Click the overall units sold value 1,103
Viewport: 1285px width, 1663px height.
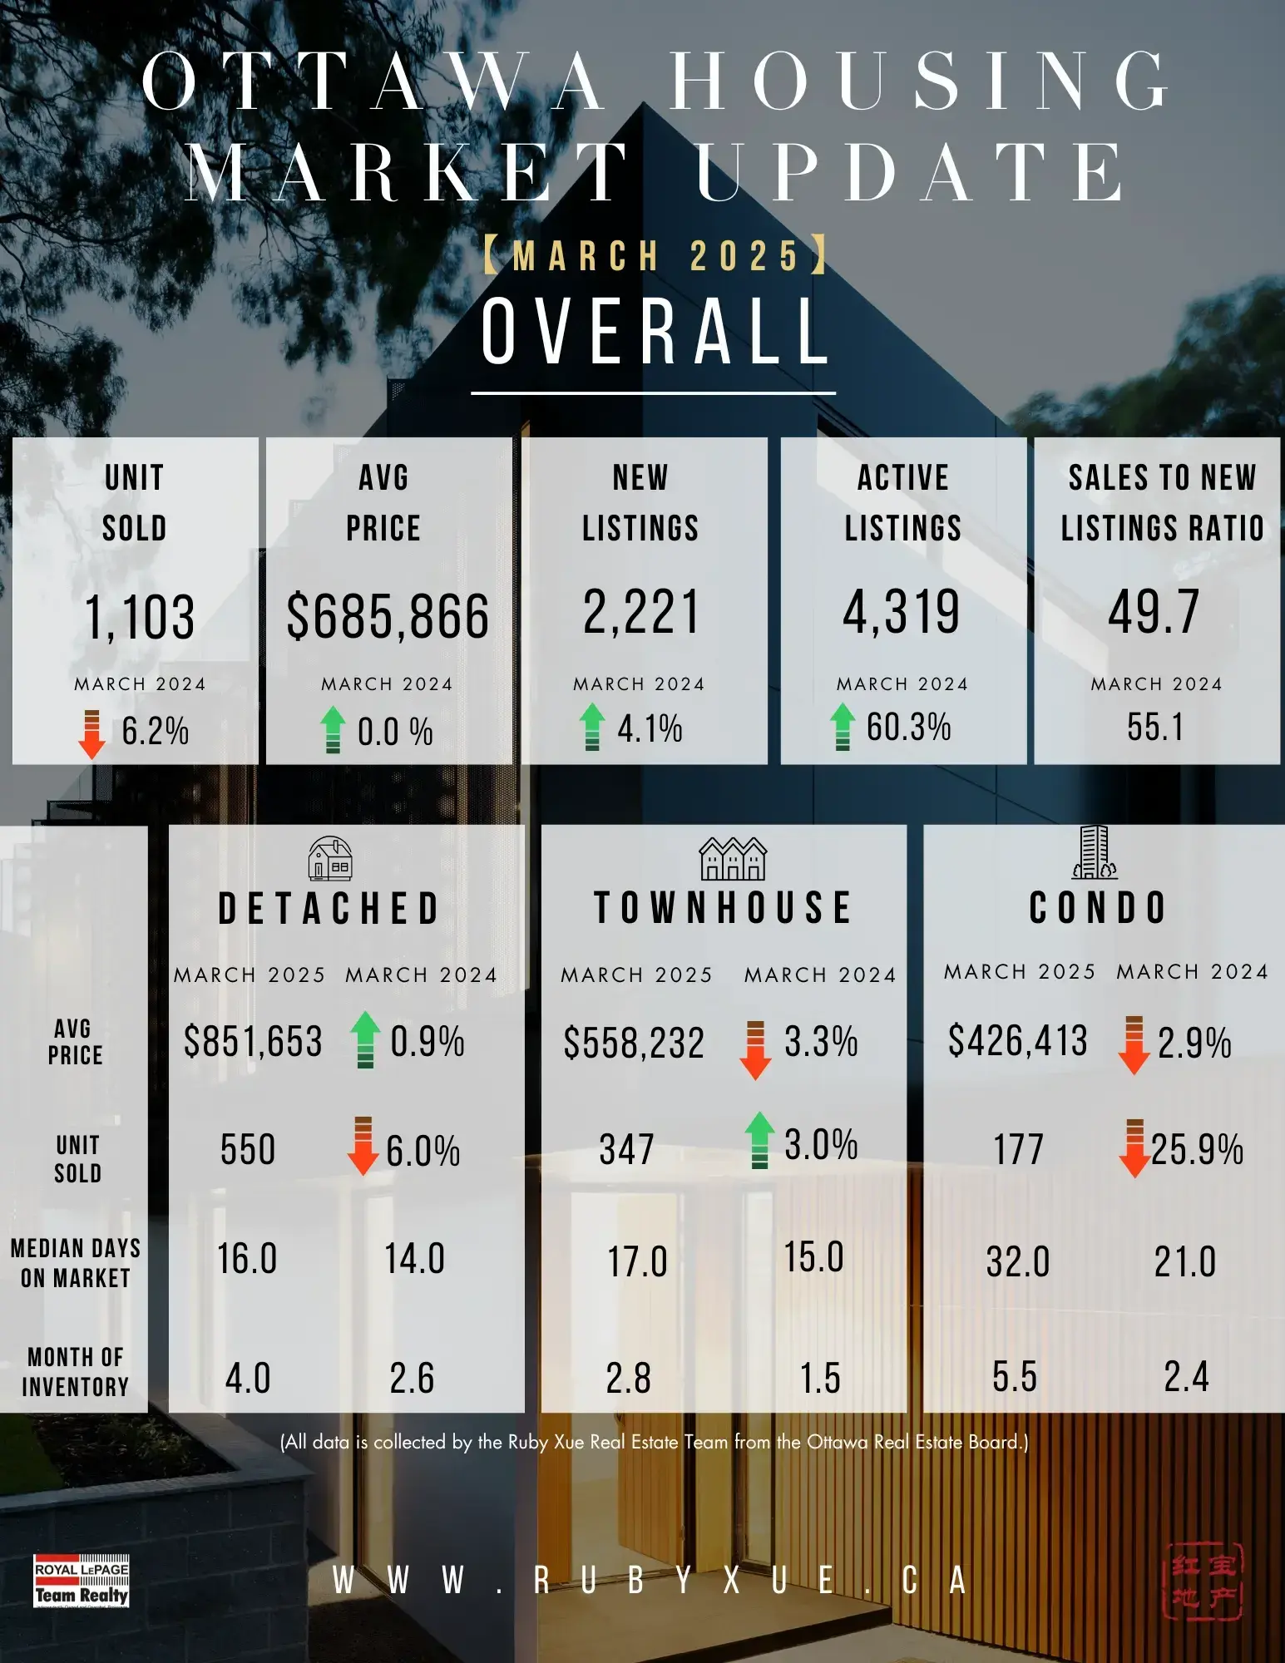coord(140,617)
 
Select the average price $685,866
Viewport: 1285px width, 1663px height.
coord(388,617)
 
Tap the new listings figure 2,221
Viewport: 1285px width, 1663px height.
coord(641,612)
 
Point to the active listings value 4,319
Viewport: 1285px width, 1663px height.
coord(902,612)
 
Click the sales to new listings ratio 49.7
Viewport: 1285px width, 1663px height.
coord(1154,612)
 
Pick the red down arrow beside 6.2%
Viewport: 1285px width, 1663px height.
coord(91,733)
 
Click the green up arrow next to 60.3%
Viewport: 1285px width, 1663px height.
coord(843,727)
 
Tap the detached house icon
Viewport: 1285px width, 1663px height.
coord(330,859)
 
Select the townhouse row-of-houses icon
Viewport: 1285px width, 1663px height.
coord(732,859)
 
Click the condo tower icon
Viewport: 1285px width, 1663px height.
coord(1095,853)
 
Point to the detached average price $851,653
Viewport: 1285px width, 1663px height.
coord(253,1042)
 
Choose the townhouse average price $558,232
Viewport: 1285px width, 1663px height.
coord(634,1044)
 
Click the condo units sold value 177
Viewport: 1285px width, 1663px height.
coord(1018,1150)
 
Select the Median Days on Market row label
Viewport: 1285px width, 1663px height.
coord(76,1263)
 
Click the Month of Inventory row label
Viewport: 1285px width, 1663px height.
coord(76,1372)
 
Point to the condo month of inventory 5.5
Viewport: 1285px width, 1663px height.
coord(1015,1377)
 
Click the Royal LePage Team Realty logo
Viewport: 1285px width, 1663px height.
coord(82,1581)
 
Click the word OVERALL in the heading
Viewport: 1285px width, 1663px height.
coord(655,332)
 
